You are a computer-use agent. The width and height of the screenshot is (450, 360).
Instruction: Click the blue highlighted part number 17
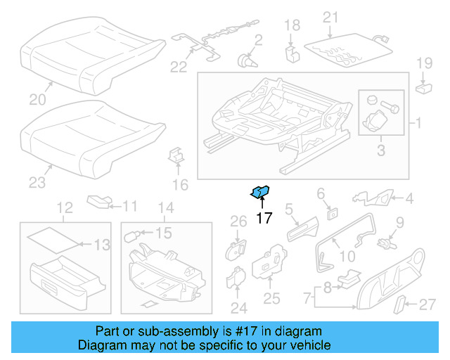(262, 191)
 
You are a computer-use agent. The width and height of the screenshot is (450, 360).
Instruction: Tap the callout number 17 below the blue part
(263, 218)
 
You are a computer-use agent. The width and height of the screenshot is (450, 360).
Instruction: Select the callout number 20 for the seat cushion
(36, 99)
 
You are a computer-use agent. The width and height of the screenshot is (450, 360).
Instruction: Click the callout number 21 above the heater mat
(330, 16)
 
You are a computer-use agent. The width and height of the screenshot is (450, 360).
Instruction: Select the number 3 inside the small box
(381, 149)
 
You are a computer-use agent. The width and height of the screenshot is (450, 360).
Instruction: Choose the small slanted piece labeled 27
(399, 304)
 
